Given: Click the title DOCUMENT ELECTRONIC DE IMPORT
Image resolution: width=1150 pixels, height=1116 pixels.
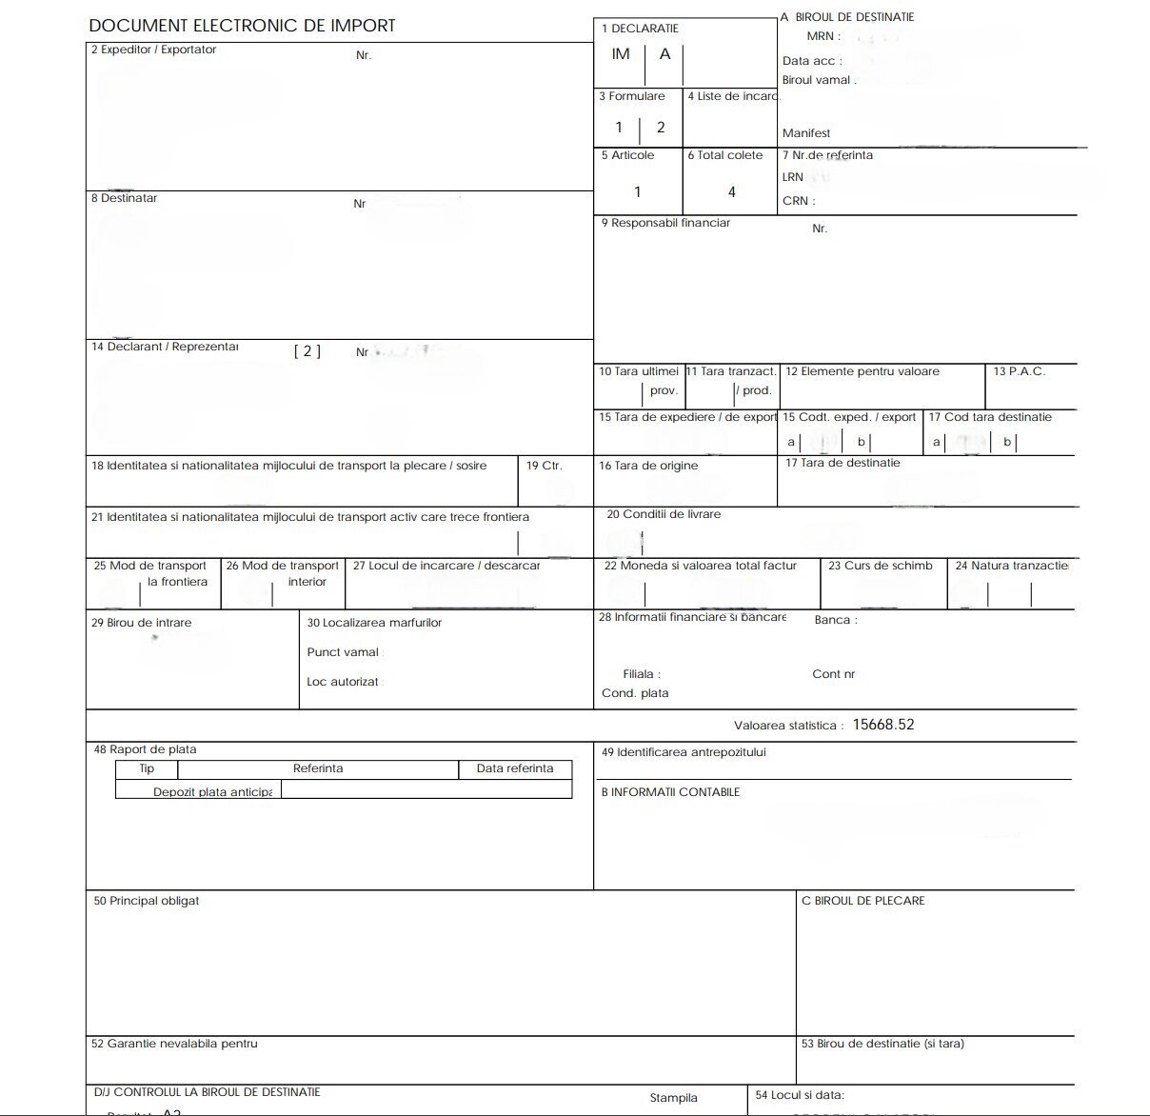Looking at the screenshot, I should [x=242, y=26].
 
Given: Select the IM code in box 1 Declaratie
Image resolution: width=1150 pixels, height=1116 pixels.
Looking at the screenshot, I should [x=621, y=54].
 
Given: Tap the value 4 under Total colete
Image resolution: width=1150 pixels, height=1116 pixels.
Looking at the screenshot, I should [x=731, y=192].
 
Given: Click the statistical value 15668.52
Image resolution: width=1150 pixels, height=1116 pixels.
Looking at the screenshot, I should [x=882, y=725].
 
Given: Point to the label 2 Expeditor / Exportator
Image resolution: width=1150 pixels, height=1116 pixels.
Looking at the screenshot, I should [x=153, y=50].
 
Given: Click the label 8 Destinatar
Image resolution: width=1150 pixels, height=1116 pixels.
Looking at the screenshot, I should [x=124, y=198].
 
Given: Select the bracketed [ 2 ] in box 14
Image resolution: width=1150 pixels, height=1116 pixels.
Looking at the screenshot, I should [x=307, y=351].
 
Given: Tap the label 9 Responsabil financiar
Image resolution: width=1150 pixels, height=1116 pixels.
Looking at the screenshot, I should [x=665, y=223].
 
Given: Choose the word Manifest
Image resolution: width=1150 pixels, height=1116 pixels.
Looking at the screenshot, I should [x=806, y=133].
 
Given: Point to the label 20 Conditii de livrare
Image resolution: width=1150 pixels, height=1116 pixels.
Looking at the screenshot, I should [x=664, y=514].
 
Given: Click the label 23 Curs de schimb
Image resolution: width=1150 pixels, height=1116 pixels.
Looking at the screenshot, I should [x=880, y=566].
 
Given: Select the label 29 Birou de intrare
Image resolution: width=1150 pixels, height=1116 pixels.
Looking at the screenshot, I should [x=141, y=623].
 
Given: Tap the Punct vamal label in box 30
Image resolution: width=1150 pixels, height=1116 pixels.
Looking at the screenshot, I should [x=343, y=652].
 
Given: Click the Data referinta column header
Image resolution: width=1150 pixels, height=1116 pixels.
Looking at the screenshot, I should [x=515, y=768].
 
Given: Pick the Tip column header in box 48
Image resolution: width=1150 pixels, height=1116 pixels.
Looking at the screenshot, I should [x=147, y=768].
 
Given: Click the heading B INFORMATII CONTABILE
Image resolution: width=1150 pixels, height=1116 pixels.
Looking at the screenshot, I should [x=670, y=792].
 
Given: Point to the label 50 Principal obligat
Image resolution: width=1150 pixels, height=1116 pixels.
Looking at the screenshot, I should [x=146, y=901].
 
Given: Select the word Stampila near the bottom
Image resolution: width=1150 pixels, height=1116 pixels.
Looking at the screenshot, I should [x=673, y=1098].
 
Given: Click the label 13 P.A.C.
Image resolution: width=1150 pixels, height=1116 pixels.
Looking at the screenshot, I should [x=1019, y=371].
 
